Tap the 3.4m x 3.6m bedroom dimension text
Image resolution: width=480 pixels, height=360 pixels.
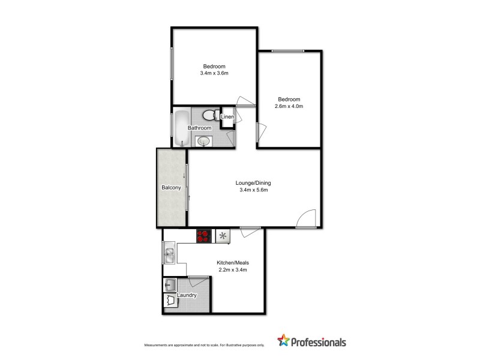(214, 73)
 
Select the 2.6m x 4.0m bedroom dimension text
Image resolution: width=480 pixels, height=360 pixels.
(289, 107)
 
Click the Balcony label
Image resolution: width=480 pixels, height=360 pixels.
(171, 188)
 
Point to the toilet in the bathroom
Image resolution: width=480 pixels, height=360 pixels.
(209, 115)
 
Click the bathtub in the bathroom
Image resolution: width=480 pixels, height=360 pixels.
(181, 127)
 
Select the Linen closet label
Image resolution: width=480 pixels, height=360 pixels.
(227, 116)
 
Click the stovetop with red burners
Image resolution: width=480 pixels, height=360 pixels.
(204, 236)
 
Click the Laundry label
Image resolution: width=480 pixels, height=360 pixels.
(187, 295)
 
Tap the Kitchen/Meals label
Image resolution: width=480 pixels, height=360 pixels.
(232, 263)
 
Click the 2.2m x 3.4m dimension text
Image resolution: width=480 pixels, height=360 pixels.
(232, 270)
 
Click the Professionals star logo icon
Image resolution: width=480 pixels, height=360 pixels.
(283, 341)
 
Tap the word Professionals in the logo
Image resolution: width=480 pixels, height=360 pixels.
(319, 343)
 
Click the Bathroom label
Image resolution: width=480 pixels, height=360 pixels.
(199, 128)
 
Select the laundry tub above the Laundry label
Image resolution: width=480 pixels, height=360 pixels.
(170, 284)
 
